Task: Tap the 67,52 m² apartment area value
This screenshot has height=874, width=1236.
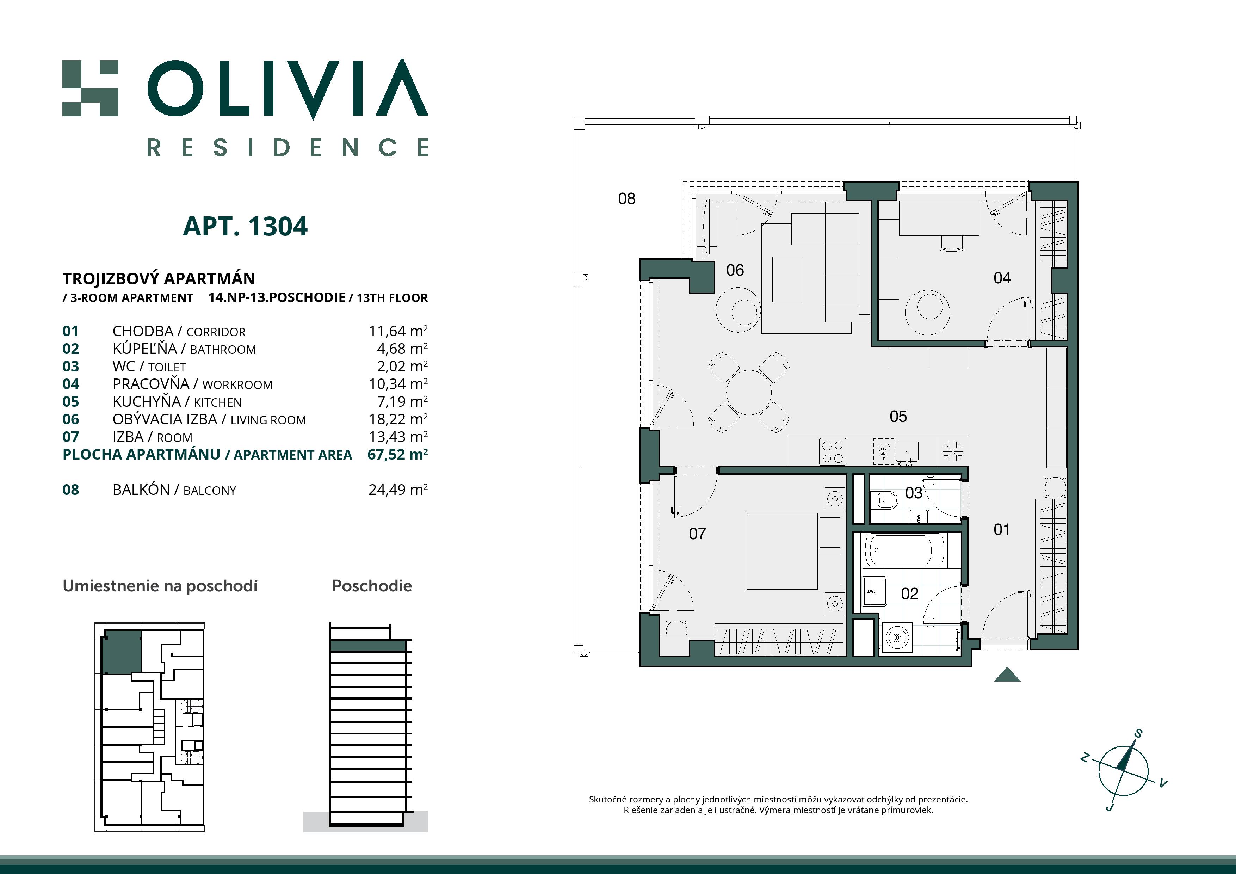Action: point(397,455)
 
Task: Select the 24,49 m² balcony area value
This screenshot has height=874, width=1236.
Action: point(398,490)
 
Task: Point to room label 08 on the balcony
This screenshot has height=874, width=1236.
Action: point(626,199)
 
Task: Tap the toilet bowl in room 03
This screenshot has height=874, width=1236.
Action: point(884,500)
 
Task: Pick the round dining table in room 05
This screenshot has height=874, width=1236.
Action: point(749,392)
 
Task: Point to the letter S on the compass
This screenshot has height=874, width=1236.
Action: point(1138,733)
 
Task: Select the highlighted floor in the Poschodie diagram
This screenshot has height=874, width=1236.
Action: point(368,645)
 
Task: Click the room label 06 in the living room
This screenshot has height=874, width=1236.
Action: point(735,270)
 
